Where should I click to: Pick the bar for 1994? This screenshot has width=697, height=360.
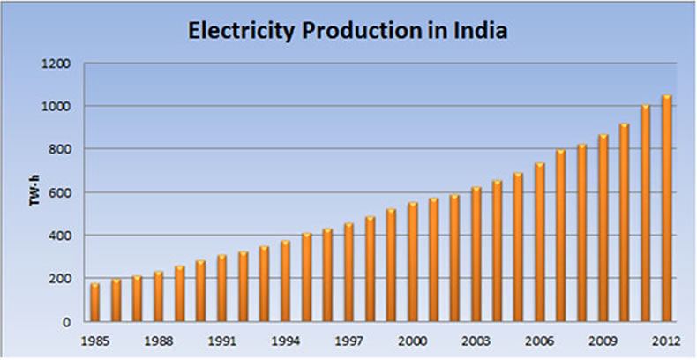coord(285,281)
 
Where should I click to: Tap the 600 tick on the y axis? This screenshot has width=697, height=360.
coord(61,192)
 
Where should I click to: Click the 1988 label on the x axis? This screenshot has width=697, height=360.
coord(158,340)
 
